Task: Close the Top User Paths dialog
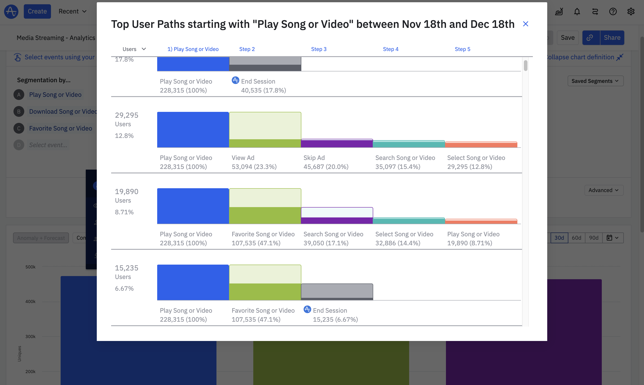[525, 24]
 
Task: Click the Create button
[37, 11]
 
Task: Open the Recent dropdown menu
[72, 11]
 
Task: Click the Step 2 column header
[247, 49]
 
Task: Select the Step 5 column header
[462, 49]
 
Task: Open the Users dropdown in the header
[134, 49]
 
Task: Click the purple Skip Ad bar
[337, 144]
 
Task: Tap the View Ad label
[243, 158]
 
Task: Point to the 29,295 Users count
[127, 115]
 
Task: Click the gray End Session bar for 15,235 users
[337, 292]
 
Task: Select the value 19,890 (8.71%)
[470, 243]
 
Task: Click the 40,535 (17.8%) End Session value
[263, 90]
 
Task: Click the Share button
[612, 38]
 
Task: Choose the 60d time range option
[576, 238]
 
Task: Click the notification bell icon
[577, 11]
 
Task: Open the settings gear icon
[631, 11]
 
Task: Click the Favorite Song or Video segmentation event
[60, 128]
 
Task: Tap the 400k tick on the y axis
[30, 301]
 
